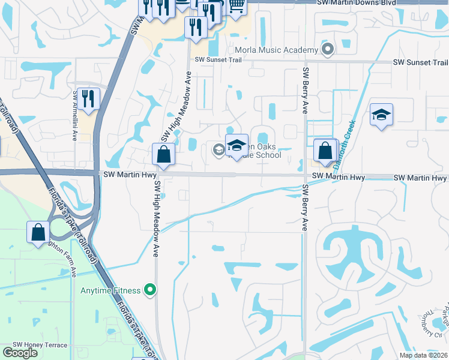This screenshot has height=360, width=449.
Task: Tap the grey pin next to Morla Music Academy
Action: [327, 49]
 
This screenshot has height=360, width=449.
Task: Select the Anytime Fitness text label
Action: [110, 291]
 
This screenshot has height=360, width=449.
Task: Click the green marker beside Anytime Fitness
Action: [150, 291]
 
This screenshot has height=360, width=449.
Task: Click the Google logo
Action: [20, 353]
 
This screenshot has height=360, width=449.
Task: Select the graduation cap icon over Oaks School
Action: [237, 145]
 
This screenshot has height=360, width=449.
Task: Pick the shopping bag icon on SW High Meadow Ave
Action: [163, 155]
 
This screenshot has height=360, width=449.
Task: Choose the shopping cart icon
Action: [237, 5]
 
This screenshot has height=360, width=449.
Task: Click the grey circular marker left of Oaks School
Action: [218, 150]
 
